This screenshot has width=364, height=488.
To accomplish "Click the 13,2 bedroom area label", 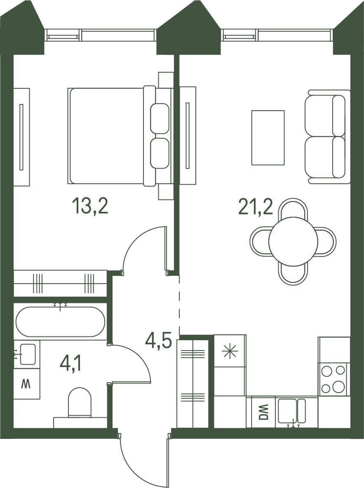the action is tap(90, 206).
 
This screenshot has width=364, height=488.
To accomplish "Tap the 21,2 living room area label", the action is tap(256, 206).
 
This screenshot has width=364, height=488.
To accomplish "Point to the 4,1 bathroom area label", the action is tap(70, 364).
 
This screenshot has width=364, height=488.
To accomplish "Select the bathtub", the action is tap(60, 322).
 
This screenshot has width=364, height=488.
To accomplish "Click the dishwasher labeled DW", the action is tap(263, 412).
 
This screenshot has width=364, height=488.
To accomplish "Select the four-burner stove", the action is tap(333, 379).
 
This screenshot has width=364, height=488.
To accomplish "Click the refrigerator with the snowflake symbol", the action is tap(230, 351).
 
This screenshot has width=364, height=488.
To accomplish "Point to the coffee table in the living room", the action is tap(268, 137).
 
